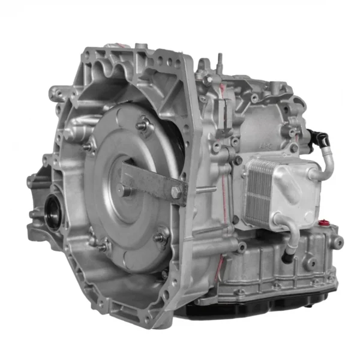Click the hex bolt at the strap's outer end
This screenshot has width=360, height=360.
[176, 193]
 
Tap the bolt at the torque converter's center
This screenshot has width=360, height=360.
[127, 190]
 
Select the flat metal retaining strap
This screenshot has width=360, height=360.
[149, 183]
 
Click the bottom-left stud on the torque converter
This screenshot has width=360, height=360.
[103, 245]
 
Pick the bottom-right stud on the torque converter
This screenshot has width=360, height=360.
[161, 238]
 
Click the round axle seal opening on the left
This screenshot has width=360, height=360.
[53, 212]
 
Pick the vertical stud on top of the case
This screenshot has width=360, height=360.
[220, 61]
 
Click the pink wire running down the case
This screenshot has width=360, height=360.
[223, 180]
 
